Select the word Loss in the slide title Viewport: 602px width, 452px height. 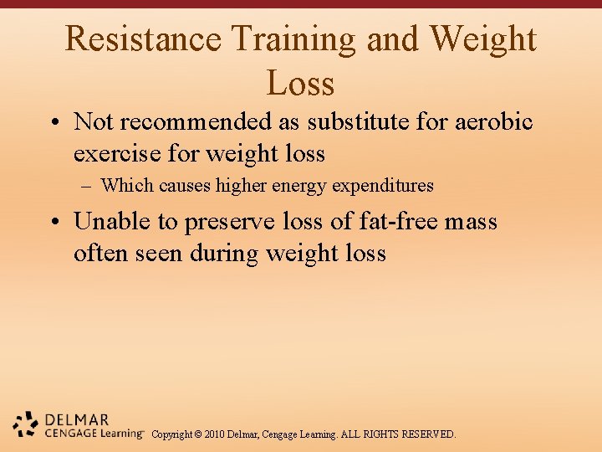tap(300, 84)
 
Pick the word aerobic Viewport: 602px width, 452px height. tap(493, 122)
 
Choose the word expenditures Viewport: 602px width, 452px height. tap(383, 186)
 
